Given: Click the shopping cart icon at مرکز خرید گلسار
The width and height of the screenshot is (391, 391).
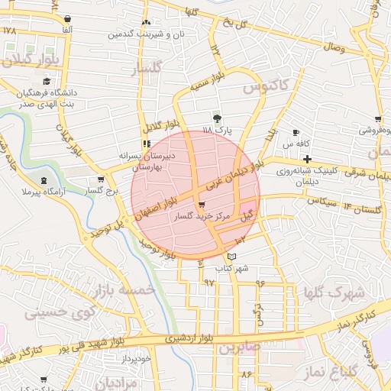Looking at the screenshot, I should pos(201,205).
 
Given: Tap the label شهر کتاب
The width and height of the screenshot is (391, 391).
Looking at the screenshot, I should pos(233,268).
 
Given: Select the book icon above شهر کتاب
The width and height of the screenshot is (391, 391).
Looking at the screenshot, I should pos(232,256).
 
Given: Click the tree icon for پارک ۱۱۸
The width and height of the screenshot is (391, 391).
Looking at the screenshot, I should pos(217,118).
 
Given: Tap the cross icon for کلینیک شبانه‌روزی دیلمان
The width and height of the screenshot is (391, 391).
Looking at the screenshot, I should pos(307,159).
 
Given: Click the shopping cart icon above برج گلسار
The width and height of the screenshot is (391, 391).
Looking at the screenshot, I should pos(100,179).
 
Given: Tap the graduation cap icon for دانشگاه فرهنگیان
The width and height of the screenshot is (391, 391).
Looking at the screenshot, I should pos(47,81).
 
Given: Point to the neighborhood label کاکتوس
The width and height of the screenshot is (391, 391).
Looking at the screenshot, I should pos(265,88).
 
